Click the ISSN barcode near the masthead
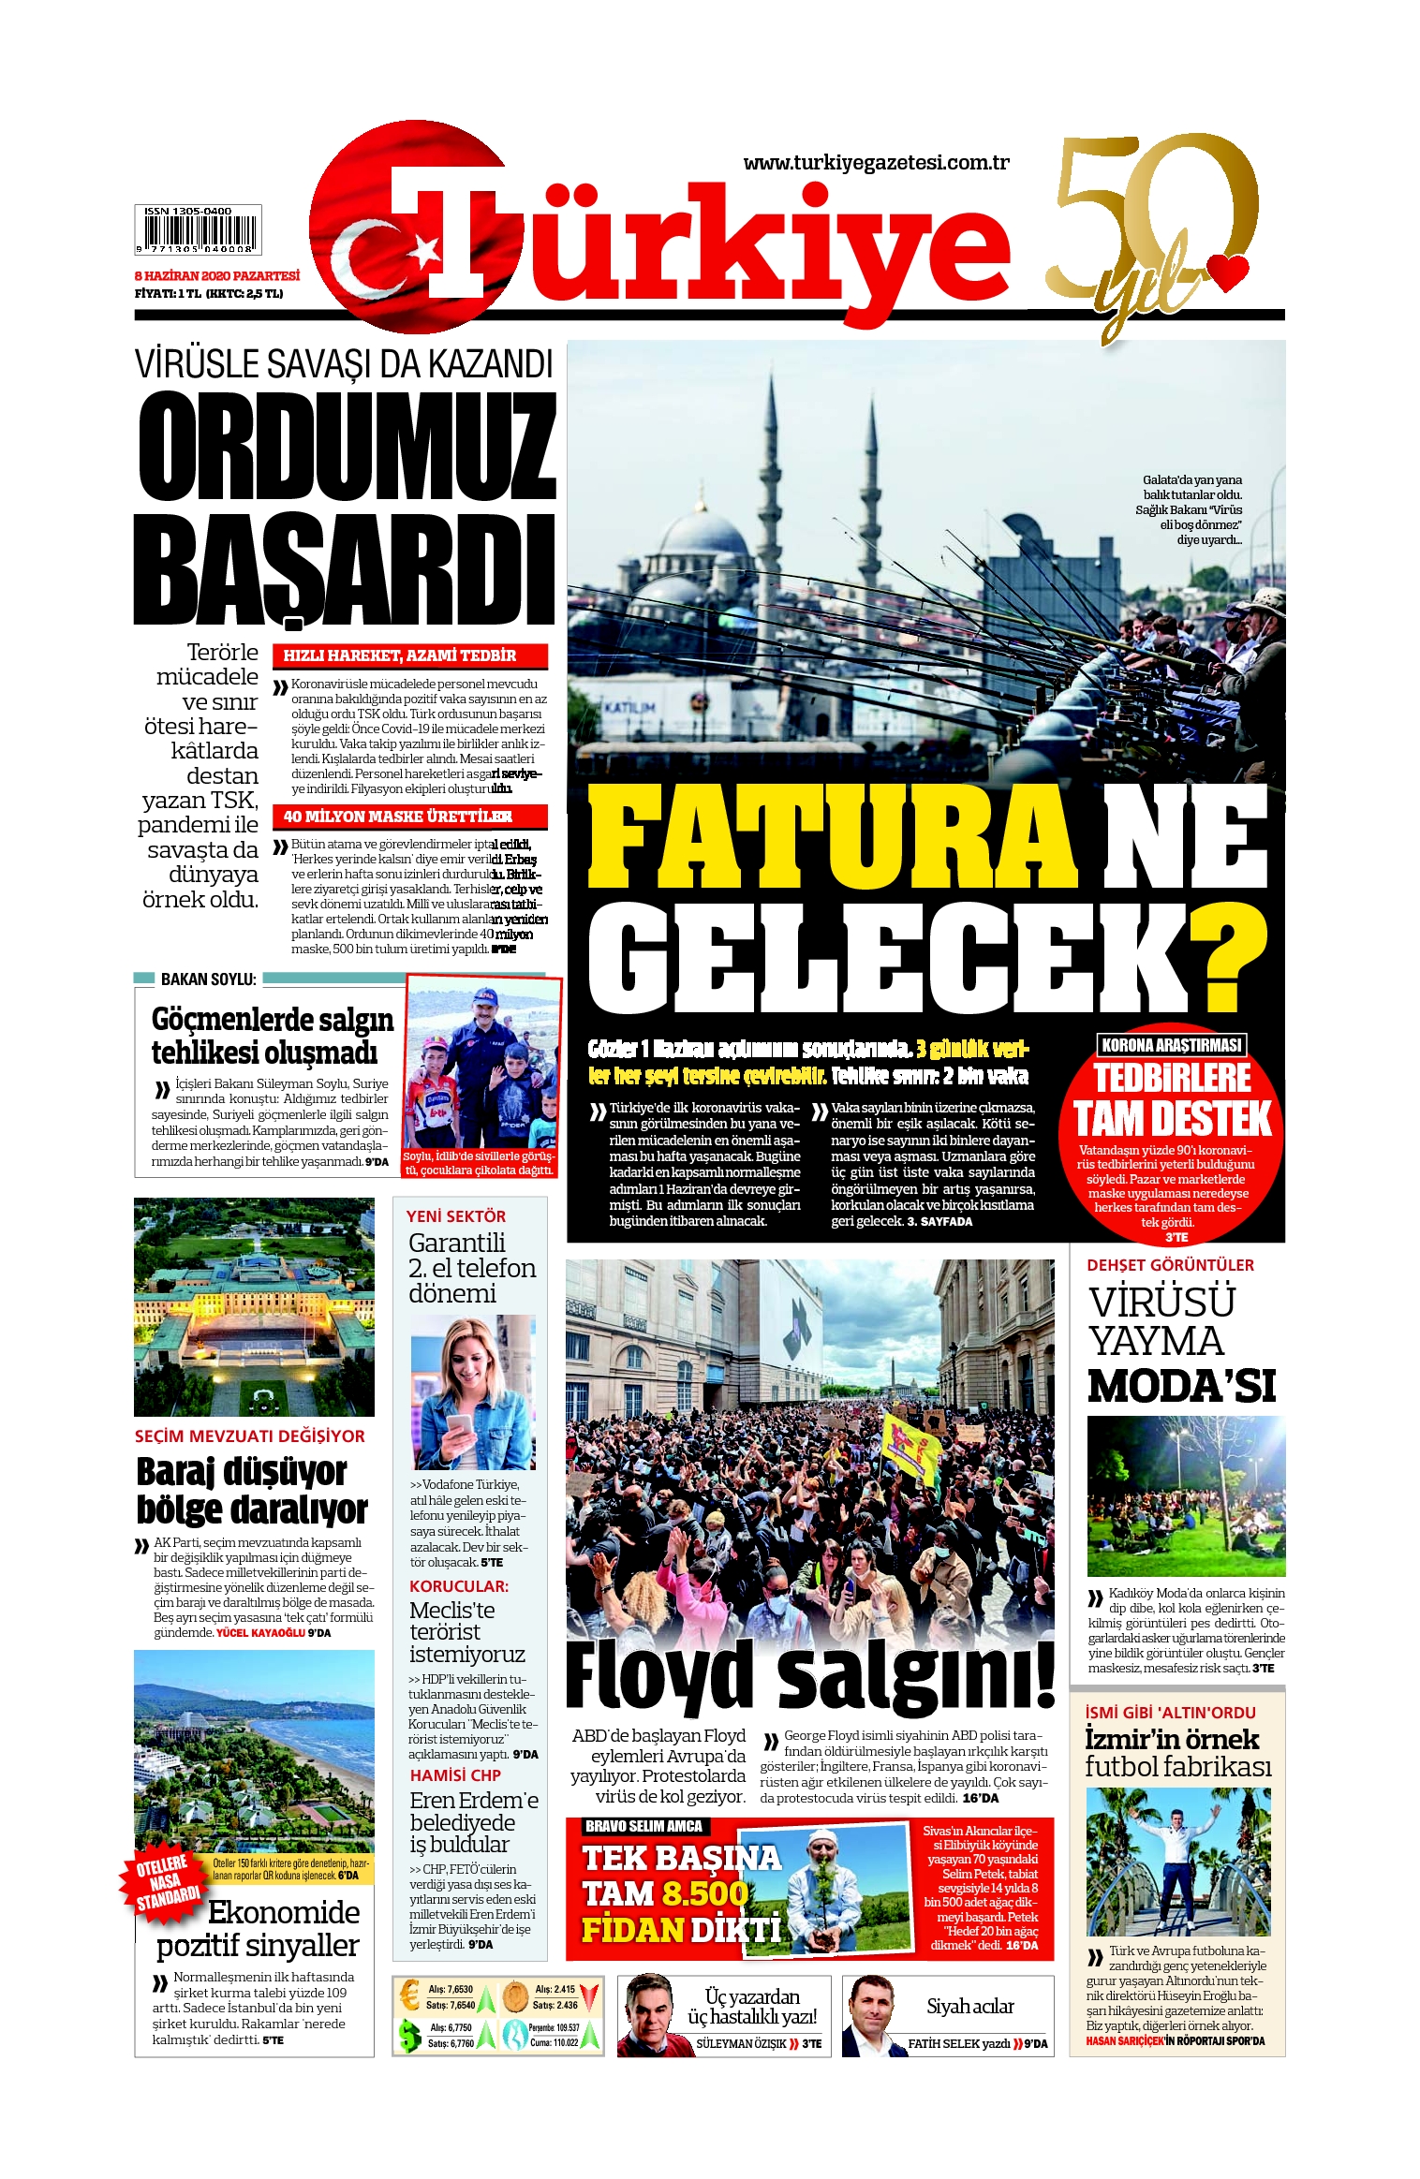(198, 230)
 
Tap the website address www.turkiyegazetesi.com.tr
(876, 163)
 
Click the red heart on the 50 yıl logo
(1228, 271)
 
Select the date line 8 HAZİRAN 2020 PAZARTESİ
(217, 276)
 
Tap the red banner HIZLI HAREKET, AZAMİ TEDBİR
(409, 655)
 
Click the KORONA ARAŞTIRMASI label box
(1172, 1044)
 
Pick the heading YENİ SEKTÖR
(456, 1216)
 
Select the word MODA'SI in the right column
(1182, 1387)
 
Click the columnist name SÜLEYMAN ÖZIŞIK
(741, 2044)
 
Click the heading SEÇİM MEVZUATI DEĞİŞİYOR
(250, 1436)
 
